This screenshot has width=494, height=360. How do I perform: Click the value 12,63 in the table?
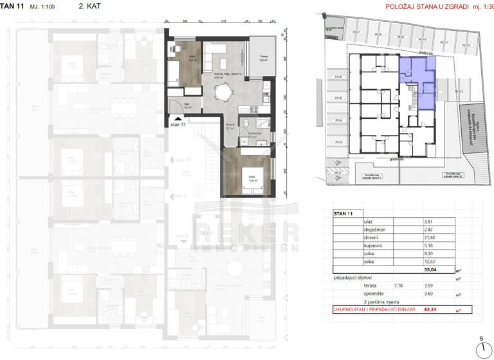(x=427, y=262)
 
